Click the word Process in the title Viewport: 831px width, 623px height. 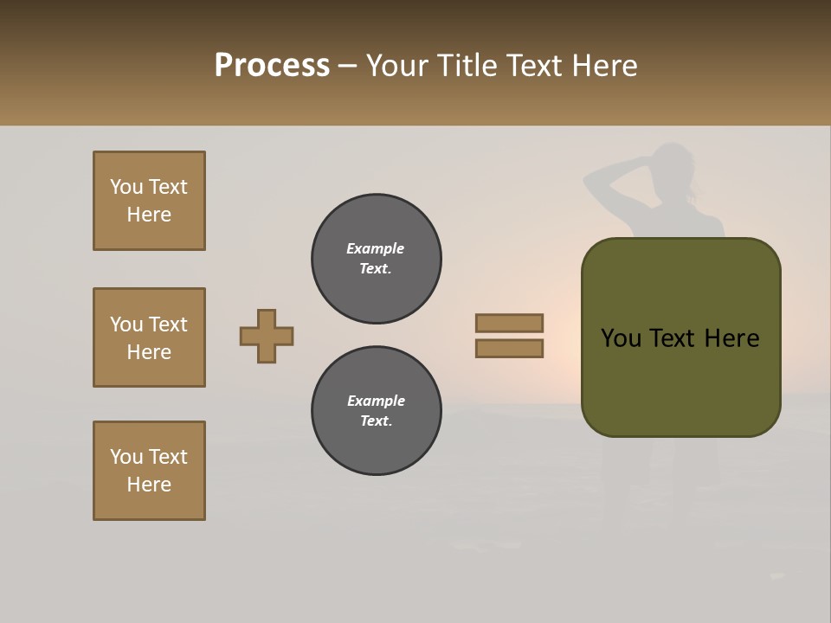click(272, 66)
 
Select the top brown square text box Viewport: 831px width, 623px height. click(149, 201)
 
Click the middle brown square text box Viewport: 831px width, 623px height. click(149, 337)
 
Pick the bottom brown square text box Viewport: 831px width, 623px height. click(149, 471)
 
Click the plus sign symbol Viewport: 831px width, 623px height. click(267, 336)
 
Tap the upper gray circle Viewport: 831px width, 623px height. click(377, 259)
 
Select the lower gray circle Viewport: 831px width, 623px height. click(377, 411)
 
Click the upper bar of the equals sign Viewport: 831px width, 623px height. click(509, 323)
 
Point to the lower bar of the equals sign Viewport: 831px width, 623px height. click(509, 349)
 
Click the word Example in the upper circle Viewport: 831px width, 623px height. click(376, 248)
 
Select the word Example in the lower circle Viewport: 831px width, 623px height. click(376, 401)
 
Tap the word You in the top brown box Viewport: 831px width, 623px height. click(126, 187)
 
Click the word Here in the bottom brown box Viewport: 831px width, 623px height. click(149, 485)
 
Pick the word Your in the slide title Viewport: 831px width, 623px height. click(396, 66)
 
